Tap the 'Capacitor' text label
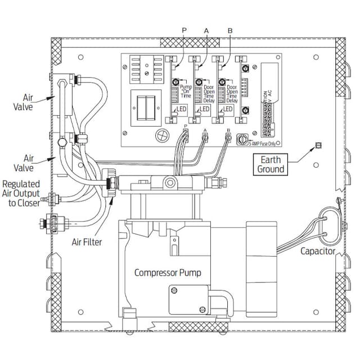point(318,251)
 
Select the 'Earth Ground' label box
point(271,165)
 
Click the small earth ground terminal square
point(317,145)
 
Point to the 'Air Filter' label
point(94,242)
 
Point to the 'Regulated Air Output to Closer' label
point(21,193)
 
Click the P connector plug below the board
point(185,135)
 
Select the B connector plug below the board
point(228,135)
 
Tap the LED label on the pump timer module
point(182,109)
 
